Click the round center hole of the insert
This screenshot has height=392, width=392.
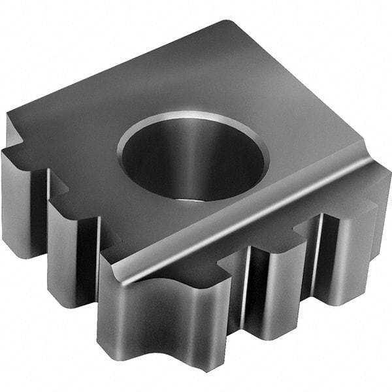pyautogui.click(x=194, y=160)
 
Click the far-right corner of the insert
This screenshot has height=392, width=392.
pyautogui.click(x=385, y=173)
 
